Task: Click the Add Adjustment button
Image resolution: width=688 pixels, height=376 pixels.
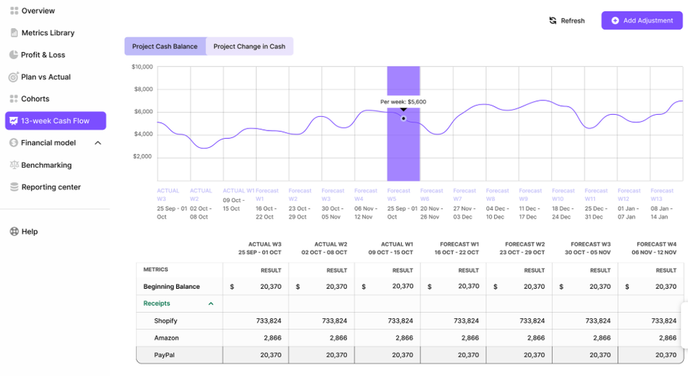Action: coord(641,21)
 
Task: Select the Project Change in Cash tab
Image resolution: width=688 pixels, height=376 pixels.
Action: coord(249,47)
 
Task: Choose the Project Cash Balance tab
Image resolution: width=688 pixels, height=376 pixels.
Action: coord(164,47)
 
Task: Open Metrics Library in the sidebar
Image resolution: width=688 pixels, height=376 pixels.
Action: coord(47,33)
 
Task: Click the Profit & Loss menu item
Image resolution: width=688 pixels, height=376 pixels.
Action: coord(43,55)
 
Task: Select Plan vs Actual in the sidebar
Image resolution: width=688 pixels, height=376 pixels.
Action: coord(45,77)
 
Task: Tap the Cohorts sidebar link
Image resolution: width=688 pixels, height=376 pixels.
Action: coord(35,99)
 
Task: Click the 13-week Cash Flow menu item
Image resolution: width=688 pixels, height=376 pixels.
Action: coord(55,121)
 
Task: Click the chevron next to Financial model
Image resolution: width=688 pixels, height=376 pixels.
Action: coord(98,143)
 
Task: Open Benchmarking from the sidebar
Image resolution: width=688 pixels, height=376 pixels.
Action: coord(46,165)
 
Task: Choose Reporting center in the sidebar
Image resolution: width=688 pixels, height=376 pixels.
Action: coord(51,187)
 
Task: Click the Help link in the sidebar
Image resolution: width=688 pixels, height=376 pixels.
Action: coord(30,232)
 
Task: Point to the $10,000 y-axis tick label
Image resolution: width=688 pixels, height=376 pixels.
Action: coord(142,67)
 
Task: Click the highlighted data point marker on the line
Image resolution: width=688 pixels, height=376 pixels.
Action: coord(404,118)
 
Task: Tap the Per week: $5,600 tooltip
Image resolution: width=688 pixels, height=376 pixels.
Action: coord(403,102)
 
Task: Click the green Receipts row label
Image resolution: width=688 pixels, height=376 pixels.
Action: coord(157,303)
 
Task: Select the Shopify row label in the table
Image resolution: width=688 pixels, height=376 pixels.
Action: coord(166,321)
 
